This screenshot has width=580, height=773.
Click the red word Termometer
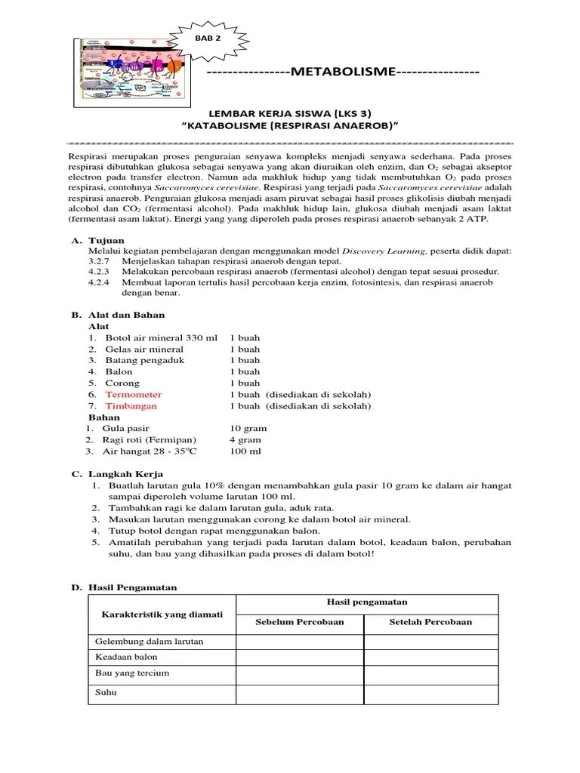pos(133,395)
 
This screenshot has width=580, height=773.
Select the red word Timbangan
pos(131,406)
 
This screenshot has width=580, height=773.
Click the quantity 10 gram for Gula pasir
pos(248,429)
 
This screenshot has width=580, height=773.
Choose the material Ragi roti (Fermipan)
pos(151,440)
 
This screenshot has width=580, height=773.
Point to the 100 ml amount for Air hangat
pos(245,451)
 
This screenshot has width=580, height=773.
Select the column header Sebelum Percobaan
pos(300,622)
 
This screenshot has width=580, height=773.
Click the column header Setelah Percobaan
pos(430,622)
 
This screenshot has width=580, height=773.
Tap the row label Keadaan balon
pos(126,658)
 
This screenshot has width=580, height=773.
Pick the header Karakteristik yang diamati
pos(162,614)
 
